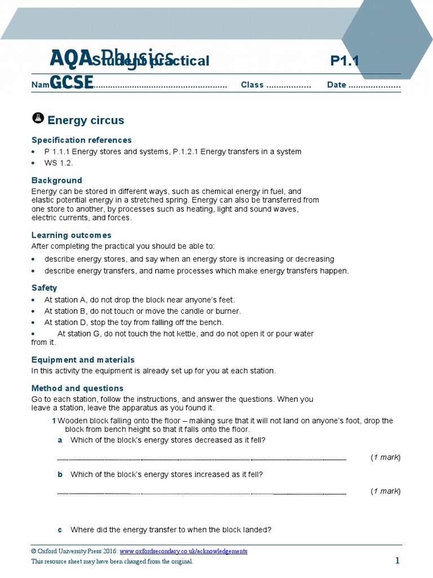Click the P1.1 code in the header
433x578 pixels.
[344, 61]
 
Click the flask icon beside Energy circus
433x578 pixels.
[37, 118]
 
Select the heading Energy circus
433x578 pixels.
[86, 120]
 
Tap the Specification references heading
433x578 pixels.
[81, 140]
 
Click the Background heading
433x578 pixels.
[56, 181]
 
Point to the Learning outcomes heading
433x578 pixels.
[71, 235]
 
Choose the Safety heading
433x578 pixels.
[44, 288]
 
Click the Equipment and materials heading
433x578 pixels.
[83, 360]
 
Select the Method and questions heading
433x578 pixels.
[77, 388]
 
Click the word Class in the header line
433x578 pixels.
[252, 85]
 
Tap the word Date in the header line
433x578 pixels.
[337, 85]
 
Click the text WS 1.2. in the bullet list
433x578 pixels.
[59, 163]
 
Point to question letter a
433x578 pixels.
[60, 440]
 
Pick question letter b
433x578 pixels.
[60, 475]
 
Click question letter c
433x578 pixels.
[60, 530]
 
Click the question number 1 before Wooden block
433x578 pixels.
[54, 421]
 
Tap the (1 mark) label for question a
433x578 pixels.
[385, 457]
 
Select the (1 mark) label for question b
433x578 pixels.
[385, 492]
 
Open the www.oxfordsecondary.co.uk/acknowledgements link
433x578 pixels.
[183, 551]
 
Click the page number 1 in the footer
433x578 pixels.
[397, 561]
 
